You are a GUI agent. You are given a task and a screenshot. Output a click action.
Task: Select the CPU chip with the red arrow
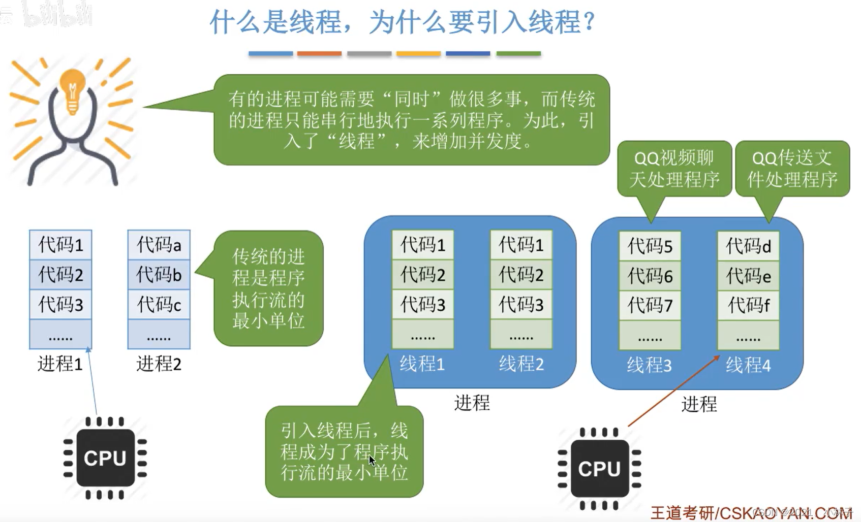[599, 469]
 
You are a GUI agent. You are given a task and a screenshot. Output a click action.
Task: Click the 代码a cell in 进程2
[159, 245]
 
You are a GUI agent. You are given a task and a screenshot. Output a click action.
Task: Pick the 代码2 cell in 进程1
[60, 275]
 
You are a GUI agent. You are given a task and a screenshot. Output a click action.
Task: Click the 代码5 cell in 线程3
[650, 246]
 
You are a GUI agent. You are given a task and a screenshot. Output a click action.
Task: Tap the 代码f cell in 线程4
[748, 305]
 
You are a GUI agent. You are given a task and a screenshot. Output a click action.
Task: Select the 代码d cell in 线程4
[748, 246]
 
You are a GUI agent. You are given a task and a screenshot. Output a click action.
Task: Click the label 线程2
[521, 364]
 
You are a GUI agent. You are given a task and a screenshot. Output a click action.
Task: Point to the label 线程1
[422, 364]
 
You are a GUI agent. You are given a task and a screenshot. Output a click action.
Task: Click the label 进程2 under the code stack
[159, 364]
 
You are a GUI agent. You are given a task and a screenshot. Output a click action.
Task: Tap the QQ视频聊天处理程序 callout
[674, 169]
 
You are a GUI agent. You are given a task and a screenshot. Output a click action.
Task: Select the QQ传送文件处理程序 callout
[792, 169]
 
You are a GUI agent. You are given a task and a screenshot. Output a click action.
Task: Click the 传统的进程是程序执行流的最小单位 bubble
[268, 288]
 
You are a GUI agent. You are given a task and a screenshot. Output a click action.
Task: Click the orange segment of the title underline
[319, 53]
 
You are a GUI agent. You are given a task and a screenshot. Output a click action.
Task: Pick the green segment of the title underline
[518, 53]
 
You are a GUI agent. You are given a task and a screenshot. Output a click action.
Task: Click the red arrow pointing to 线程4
[673, 391]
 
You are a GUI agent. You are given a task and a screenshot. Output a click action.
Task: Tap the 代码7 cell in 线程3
[650, 305]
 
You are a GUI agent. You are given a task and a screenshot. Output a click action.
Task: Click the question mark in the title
[590, 22]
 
